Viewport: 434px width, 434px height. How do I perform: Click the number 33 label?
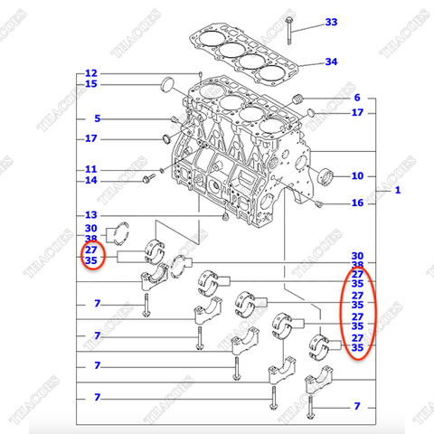(331, 22)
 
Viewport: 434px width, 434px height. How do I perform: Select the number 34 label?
(331, 62)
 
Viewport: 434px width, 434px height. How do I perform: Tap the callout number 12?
(91, 73)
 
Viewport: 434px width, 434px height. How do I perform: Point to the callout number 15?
(91, 85)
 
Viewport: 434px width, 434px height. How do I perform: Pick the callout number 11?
(91, 169)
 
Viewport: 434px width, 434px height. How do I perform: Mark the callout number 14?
(91, 181)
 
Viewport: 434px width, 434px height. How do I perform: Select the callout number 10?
(357, 175)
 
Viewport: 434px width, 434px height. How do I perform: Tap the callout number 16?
(357, 203)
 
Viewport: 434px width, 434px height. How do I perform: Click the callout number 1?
(397, 192)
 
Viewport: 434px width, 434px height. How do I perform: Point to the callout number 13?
(91, 215)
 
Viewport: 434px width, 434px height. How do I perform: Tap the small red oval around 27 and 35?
(91, 255)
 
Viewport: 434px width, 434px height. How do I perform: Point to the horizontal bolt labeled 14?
(144, 183)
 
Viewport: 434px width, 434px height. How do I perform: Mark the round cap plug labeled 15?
(165, 87)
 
